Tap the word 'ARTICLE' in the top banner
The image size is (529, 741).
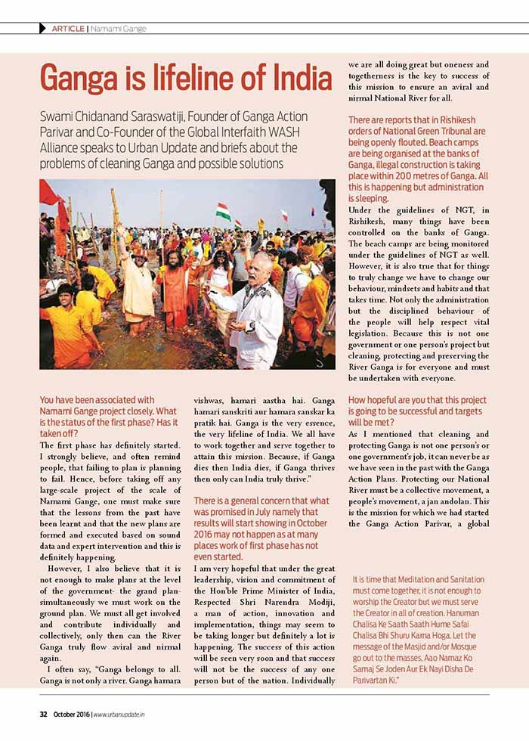click(68, 29)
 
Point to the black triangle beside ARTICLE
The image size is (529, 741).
click(42, 29)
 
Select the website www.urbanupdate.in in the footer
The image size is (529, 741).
click(125, 714)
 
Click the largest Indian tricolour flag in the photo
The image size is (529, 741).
click(223, 212)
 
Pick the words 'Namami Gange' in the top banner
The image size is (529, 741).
click(119, 29)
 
